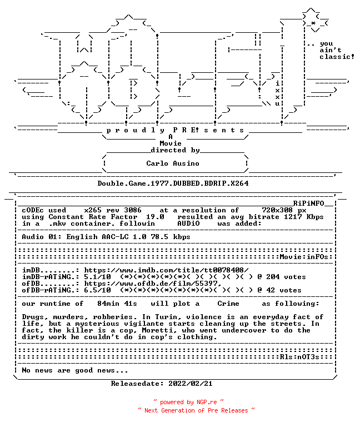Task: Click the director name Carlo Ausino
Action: (x=173, y=163)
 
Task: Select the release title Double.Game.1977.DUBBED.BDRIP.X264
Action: (x=173, y=183)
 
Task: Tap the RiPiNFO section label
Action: (x=308, y=203)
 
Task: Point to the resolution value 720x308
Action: (x=277, y=210)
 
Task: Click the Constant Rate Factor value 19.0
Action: (x=155, y=217)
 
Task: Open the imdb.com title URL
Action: (x=166, y=270)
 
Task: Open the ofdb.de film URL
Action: (x=153, y=284)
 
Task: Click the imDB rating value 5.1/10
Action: (x=97, y=277)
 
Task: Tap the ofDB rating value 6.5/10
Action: (x=97, y=290)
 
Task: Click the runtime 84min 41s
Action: (x=117, y=304)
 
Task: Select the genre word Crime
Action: (x=228, y=304)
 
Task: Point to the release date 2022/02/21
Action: (x=191, y=384)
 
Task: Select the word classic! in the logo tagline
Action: (x=337, y=57)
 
